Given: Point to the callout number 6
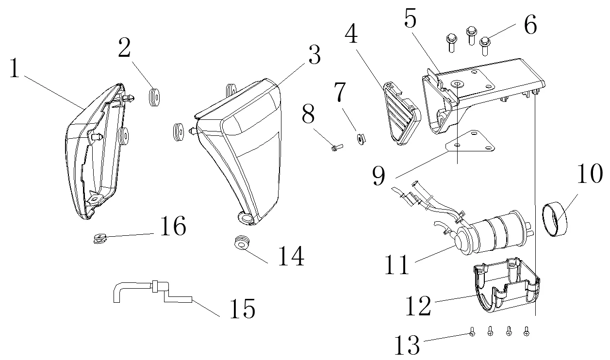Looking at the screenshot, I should click(x=530, y=26).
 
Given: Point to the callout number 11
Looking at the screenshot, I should click(x=397, y=264).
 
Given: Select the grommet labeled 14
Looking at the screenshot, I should click(x=241, y=243).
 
